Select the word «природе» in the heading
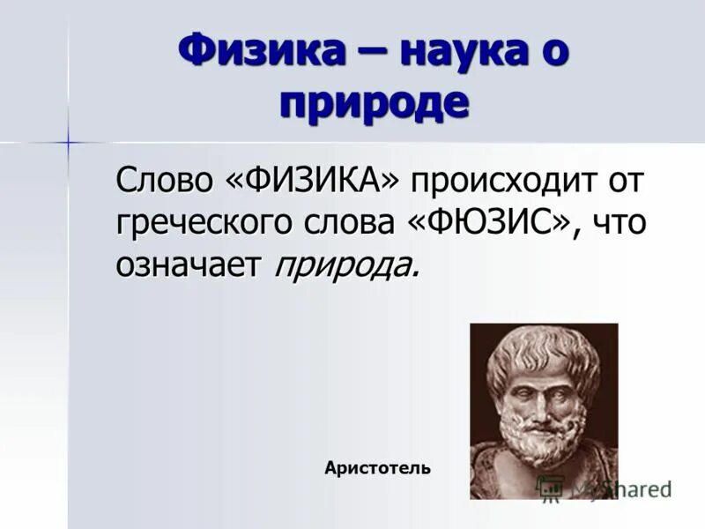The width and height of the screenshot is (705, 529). click(374, 102)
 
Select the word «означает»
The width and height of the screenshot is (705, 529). click(189, 264)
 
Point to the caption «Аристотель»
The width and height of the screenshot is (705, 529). click(377, 467)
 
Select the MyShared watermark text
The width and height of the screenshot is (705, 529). click(621, 488)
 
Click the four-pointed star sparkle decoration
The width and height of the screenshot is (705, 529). click(67, 141)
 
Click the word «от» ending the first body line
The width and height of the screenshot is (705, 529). click(627, 182)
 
